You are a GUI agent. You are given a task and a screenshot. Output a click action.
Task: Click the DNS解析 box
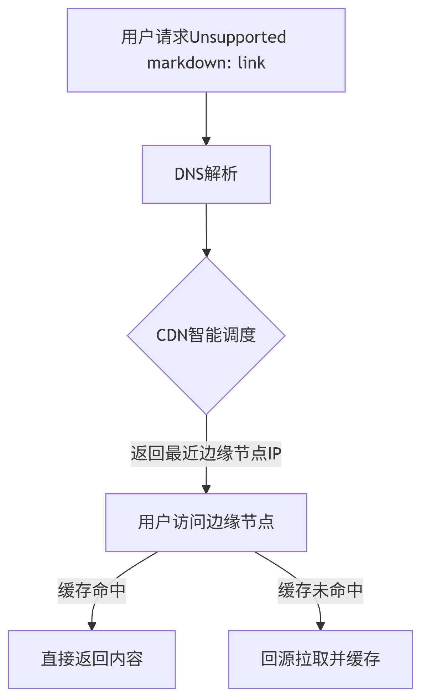pos(206,174)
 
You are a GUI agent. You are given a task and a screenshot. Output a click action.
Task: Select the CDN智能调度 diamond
pos(206,335)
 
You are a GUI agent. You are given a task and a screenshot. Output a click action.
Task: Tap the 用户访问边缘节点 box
pos(206,522)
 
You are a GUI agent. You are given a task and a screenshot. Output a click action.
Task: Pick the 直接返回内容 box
pos(92,659)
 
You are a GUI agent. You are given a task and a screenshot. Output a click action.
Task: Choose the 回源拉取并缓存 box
pos(320,659)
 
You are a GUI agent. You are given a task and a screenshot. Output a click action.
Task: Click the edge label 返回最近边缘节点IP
pos(206,454)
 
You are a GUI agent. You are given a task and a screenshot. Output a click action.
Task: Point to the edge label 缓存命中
pos(92,591)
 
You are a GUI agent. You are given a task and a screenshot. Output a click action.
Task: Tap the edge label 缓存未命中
pos(320,591)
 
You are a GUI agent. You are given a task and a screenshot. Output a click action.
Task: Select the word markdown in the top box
pos(181,63)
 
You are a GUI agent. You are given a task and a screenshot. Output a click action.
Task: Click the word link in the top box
pos(251,63)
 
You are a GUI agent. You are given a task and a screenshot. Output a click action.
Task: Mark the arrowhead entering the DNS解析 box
pos(206,141)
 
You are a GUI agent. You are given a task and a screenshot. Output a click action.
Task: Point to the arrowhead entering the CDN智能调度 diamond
pos(206,252)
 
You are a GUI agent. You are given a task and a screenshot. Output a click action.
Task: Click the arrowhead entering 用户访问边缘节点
pos(206,489)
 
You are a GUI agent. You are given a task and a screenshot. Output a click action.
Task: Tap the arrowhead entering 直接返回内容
pos(92,626)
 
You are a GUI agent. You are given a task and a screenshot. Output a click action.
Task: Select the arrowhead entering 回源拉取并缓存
pos(321,626)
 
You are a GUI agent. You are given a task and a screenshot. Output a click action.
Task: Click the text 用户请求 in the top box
pos(155,37)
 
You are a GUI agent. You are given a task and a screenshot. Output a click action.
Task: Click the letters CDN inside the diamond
pos(172,335)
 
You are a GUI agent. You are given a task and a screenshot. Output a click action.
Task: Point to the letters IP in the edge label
pos(274,454)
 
